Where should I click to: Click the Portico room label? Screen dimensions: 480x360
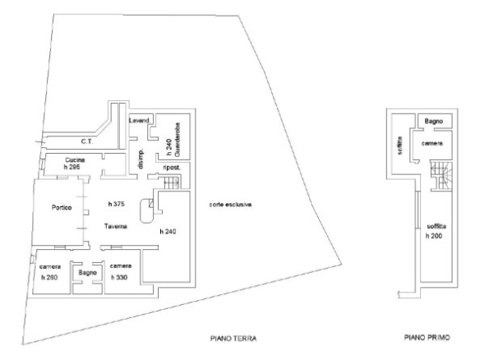tap(62, 208)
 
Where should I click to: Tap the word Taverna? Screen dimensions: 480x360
tap(115, 227)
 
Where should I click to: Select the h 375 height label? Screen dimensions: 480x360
tap(117, 204)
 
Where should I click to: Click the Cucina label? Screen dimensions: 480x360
tap(75, 159)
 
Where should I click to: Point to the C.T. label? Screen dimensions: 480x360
tap(87, 141)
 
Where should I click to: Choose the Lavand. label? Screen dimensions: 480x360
tap(140, 120)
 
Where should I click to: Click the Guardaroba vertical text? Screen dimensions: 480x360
tap(178, 140)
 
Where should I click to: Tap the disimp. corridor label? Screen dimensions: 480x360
tap(141, 159)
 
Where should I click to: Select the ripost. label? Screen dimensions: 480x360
tap(172, 168)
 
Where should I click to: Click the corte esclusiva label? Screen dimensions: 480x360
tap(230, 205)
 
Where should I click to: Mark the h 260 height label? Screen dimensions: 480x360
tap(49, 278)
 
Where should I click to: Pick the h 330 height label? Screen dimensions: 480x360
tap(119, 278)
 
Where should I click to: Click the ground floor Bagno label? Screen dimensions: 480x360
tap(88, 272)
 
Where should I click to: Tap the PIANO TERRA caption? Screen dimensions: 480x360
tap(233, 339)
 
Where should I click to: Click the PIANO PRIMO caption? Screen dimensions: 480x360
tap(427, 337)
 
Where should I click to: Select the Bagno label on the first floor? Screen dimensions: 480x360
tap(434, 121)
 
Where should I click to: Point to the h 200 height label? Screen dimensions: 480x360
tap(434, 236)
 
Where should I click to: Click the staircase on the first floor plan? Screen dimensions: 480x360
tap(441, 176)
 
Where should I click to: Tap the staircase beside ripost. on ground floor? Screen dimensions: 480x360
tap(172, 183)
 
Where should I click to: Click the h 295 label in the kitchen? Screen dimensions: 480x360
tap(72, 167)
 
